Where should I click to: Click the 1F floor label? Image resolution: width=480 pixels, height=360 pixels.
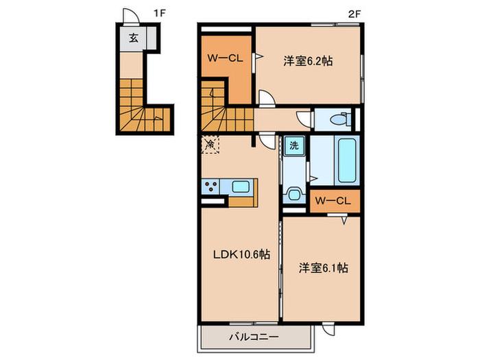click(159, 14)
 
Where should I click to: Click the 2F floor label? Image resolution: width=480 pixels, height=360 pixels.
click(354, 14)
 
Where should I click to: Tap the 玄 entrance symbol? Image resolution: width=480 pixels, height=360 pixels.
click(133, 38)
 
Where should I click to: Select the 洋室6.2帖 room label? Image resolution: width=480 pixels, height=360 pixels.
click(308, 61)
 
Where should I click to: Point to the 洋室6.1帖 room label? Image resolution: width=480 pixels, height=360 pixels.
click(323, 268)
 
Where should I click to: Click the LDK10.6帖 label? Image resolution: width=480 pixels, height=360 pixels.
click(241, 254)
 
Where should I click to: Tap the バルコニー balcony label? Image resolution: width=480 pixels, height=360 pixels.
click(254, 337)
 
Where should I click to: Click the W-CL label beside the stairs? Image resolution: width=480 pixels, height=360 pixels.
click(225, 58)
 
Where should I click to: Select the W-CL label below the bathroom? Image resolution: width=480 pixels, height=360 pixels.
click(333, 201)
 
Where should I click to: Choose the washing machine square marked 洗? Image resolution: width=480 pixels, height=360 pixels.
click(294, 145)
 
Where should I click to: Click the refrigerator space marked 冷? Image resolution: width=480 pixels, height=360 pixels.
click(211, 144)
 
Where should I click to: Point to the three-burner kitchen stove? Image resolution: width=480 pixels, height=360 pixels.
click(211, 187)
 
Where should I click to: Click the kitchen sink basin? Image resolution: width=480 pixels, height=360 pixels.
click(240, 187)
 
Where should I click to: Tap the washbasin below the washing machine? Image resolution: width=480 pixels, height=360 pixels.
click(294, 194)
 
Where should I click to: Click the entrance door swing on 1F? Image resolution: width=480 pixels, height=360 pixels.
click(130, 16)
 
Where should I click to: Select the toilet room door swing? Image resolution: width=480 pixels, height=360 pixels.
click(304, 119)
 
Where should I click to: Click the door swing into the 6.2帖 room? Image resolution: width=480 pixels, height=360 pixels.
click(267, 97)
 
